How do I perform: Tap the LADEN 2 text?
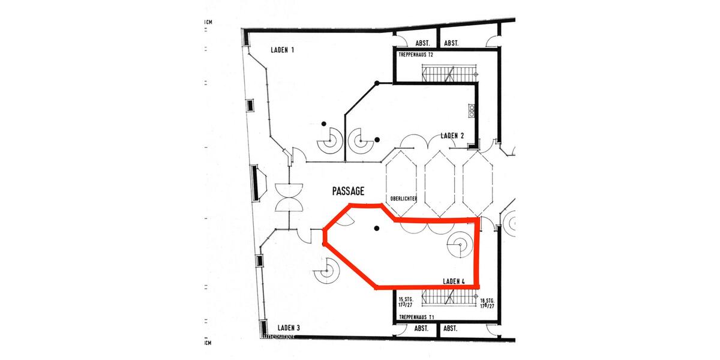(452, 135)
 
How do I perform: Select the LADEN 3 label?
(289, 328)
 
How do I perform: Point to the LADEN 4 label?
(454, 281)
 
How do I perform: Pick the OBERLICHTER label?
(403, 199)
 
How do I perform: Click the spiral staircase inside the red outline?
(460, 244)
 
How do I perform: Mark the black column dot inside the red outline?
(376, 228)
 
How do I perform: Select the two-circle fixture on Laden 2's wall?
(472, 110)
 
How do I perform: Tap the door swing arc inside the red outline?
(344, 220)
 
